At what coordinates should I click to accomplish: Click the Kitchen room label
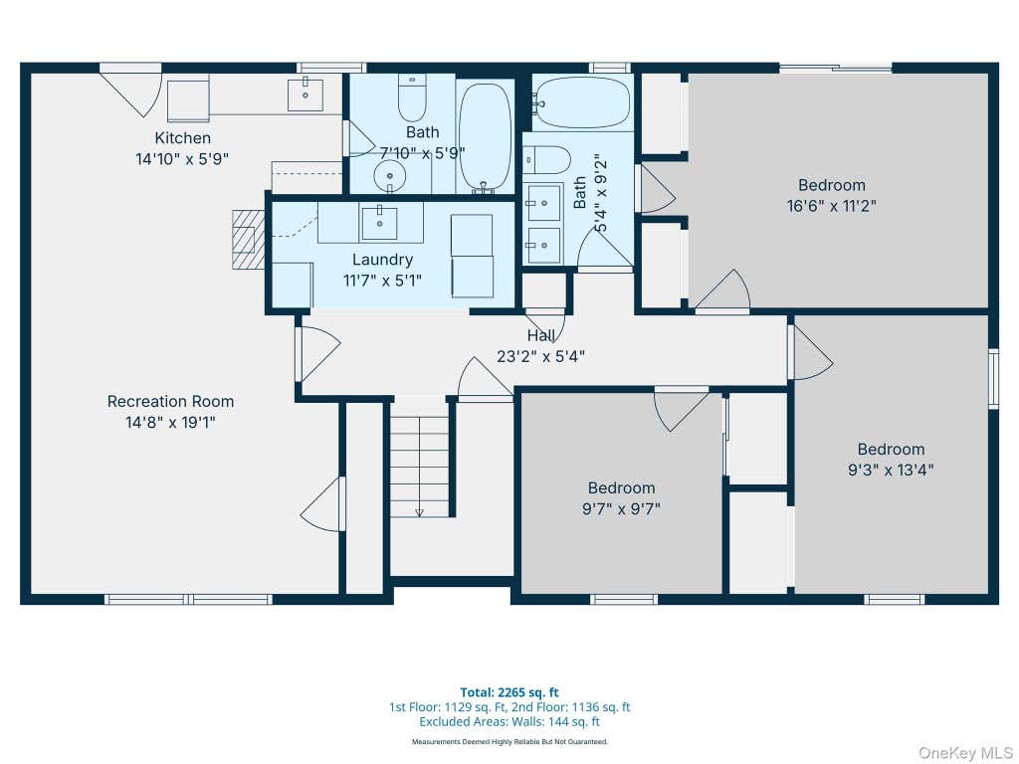183,137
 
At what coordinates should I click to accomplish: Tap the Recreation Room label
170,402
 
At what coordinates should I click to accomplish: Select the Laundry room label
382,260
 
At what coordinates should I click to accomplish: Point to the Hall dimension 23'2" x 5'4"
540,356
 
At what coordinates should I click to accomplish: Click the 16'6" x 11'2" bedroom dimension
831,206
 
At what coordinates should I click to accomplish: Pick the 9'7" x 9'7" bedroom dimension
621,508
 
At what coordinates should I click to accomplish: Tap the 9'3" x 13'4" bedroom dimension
891,470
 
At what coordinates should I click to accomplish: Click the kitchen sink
306,95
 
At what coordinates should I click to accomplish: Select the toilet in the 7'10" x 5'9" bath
412,98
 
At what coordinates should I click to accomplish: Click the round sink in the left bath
390,175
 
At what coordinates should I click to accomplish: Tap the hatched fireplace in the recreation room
248,239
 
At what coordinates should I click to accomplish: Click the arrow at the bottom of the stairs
419,512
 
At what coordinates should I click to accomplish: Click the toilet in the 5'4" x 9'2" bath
546,160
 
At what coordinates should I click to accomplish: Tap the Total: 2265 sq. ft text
509,692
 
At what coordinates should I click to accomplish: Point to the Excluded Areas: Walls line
509,722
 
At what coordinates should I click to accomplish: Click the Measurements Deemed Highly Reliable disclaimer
509,741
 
